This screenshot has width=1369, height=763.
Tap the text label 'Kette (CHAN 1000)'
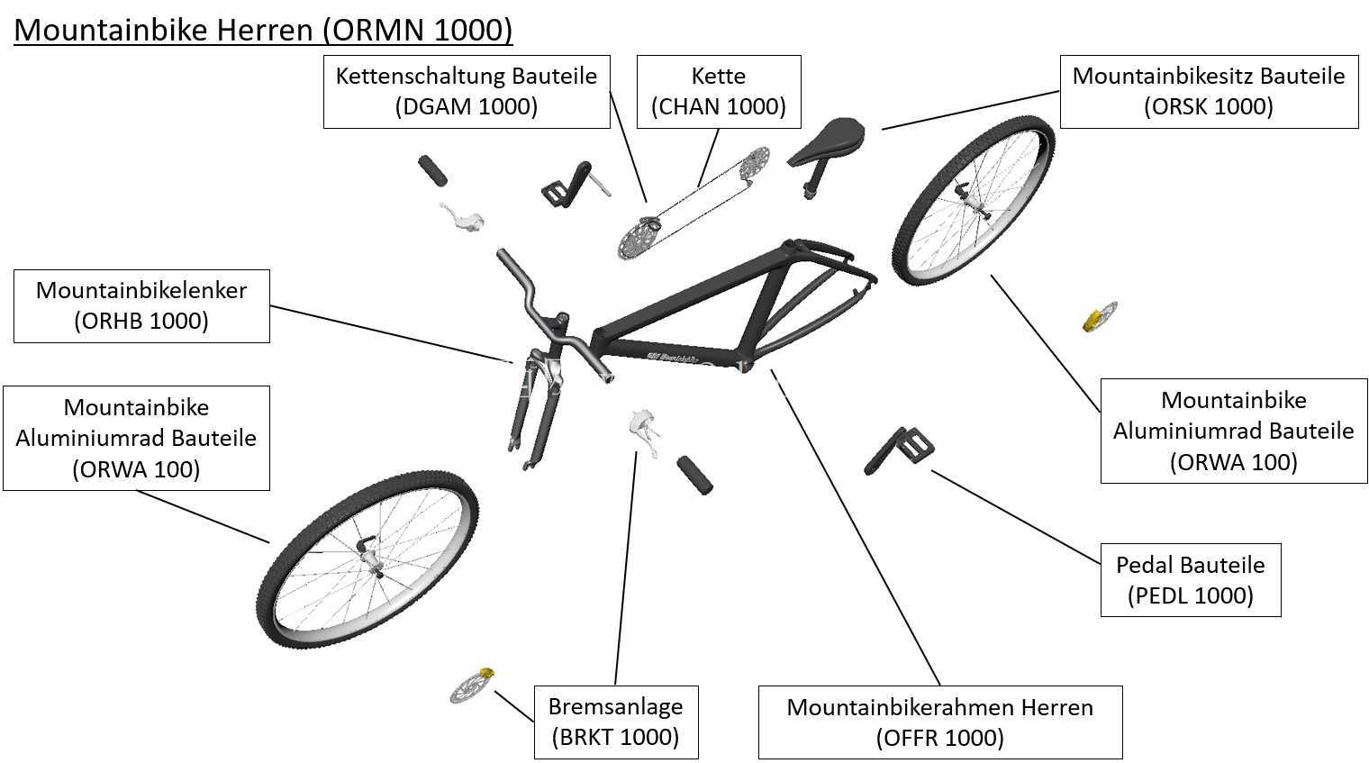click(718, 92)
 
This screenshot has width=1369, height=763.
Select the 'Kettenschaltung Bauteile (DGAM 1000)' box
click(467, 92)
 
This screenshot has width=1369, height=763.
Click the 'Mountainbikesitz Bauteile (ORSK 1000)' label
click(1209, 92)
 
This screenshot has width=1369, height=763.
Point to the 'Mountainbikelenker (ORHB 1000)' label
click(141, 305)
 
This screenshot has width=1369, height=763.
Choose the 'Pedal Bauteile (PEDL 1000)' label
click(1191, 579)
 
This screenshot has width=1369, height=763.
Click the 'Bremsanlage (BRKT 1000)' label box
click(616, 722)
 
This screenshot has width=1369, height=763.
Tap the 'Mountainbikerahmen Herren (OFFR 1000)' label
click(940, 722)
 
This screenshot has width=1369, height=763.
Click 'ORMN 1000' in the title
click(418, 30)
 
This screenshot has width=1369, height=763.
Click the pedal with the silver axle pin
click(575, 184)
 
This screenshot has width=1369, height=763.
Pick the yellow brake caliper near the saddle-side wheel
click(1093, 322)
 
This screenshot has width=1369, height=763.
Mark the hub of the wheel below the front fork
click(371, 557)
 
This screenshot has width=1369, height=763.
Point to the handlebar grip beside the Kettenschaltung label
click(432, 170)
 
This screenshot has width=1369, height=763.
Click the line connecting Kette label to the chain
click(708, 157)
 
